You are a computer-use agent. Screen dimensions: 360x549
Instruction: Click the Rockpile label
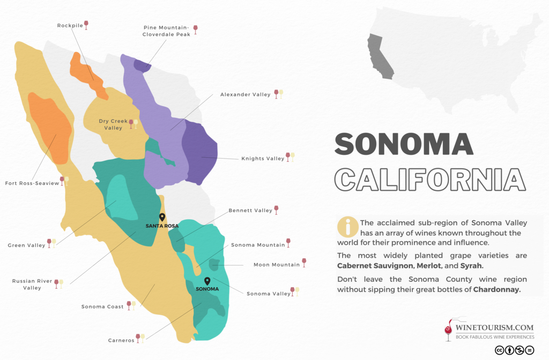tap(69, 25)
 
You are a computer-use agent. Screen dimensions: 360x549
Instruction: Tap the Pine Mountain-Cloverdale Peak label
tap(166, 31)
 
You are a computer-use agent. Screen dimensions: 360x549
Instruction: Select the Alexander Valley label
tap(245, 95)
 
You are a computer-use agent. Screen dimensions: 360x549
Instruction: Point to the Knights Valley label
tap(263, 159)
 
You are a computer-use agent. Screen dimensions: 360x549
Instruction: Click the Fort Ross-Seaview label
tap(32, 183)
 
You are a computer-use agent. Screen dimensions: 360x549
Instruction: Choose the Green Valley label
tap(26, 245)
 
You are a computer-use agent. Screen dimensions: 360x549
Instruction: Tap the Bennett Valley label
tap(250, 211)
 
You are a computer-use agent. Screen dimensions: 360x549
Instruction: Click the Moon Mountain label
tap(277, 265)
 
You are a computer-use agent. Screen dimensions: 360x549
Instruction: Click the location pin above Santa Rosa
tap(162, 217)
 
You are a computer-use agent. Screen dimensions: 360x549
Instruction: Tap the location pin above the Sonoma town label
tap(207, 281)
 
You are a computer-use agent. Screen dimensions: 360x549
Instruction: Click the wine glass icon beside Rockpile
tap(86, 25)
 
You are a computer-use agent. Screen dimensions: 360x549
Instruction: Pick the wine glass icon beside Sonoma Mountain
tap(288, 243)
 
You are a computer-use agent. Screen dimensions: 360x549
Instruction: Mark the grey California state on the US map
tap(379, 56)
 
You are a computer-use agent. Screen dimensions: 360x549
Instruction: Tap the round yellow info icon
tap(347, 227)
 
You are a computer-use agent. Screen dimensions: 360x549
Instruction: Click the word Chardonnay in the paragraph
tap(496, 289)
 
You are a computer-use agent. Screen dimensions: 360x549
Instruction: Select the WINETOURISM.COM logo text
tap(494, 327)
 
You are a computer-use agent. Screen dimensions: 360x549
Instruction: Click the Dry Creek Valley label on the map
tap(113, 124)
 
